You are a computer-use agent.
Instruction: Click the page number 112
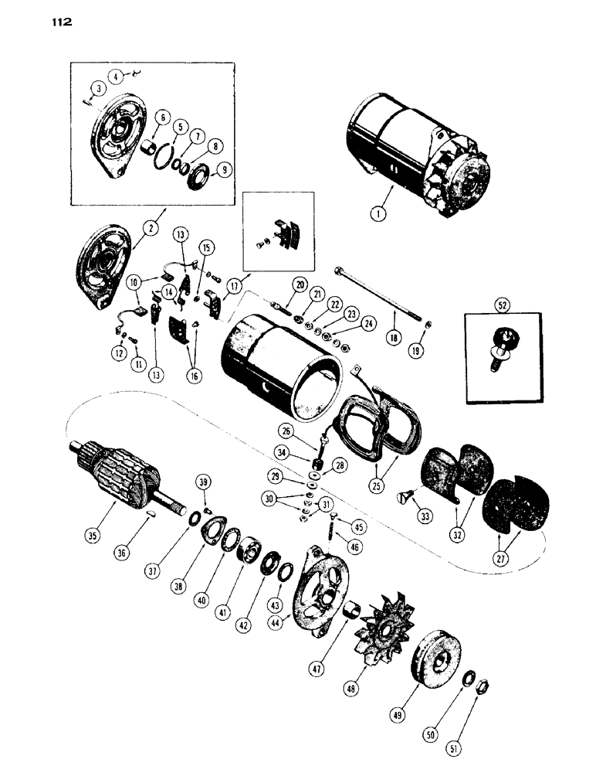tap(59, 22)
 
